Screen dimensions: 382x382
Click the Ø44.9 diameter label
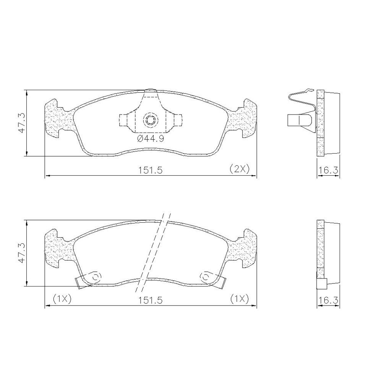click(x=151, y=139)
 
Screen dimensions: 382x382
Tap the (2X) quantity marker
click(x=240, y=169)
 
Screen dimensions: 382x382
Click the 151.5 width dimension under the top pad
click(x=150, y=170)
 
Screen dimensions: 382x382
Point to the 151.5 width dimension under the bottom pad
click(x=150, y=300)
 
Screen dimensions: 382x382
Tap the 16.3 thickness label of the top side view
click(x=329, y=170)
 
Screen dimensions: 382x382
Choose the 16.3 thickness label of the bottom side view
click(x=329, y=300)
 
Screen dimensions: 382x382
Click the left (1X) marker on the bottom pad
click(x=62, y=299)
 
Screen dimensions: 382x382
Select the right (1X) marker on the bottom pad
click(x=240, y=299)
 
